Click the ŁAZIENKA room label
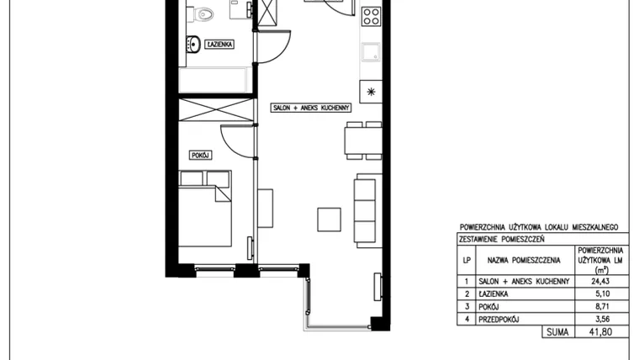click(x=219, y=44)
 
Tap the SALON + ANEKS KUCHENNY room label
click(x=310, y=108)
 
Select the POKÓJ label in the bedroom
click(x=200, y=156)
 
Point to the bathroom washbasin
click(x=193, y=44)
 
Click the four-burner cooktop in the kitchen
click(x=372, y=16)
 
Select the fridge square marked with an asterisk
click(x=371, y=92)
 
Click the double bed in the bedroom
click(x=205, y=209)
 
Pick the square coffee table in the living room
click(x=330, y=220)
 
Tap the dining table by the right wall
click(x=363, y=140)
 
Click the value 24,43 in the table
click(x=600, y=281)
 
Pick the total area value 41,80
click(x=600, y=332)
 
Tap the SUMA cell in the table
click(x=557, y=332)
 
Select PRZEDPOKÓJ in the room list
click(x=499, y=320)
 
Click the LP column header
click(x=467, y=260)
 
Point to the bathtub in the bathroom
click(x=213, y=80)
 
